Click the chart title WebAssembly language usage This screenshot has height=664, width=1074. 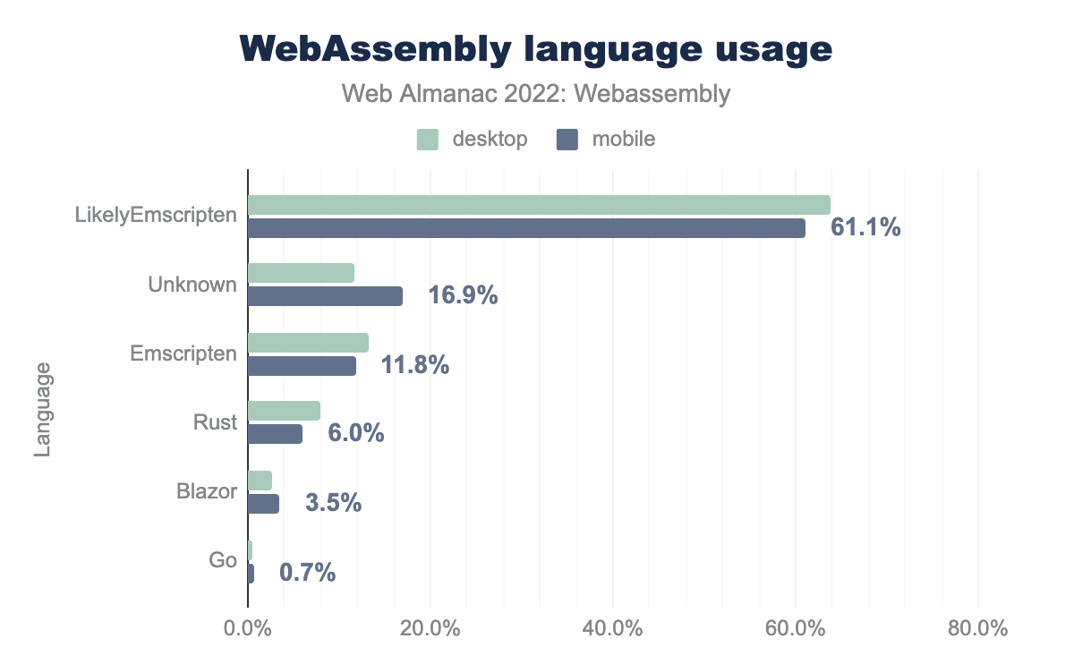point(536,49)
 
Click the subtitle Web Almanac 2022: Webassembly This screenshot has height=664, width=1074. point(536,94)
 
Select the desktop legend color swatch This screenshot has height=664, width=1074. point(427,140)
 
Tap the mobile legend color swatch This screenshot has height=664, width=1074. point(567,140)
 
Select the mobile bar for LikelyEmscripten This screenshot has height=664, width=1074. point(526,228)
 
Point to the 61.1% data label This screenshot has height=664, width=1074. point(865,228)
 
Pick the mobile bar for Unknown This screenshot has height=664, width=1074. point(325,296)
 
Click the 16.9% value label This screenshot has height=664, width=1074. point(463,296)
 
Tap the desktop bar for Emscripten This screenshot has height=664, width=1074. point(308,343)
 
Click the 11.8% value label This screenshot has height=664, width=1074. point(415,365)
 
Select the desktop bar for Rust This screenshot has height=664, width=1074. point(284,411)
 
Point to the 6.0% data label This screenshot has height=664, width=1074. point(356,434)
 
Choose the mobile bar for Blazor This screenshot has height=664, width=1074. point(263,504)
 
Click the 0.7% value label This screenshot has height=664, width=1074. point(308,573)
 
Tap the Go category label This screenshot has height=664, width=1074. point(224,561)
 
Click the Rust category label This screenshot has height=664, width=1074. point(216,422)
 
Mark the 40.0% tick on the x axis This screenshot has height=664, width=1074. point(613,628)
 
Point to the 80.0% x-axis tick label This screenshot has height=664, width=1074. point(978,628)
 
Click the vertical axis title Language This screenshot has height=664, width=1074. point(42,410)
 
